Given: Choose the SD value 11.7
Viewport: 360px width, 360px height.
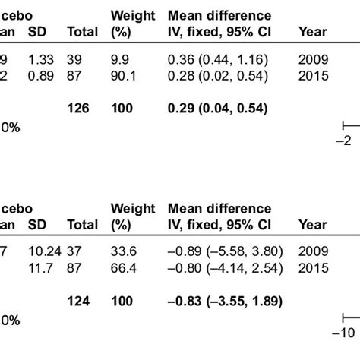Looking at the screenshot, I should pos(39,267).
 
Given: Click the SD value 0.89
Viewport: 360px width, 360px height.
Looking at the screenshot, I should pos(39,74).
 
